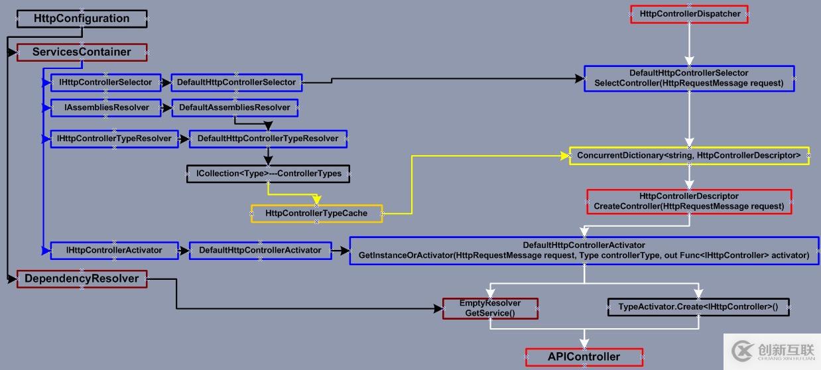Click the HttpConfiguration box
pyautogui.click(x=82, y=19)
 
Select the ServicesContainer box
pyautogui.click(x=82, y=52)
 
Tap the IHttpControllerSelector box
pyautogui.click(x=105, y=83)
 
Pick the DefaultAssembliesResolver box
pyautogui.click(x=235, y=107)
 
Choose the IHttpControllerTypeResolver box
pyautogui.click(x=114, y=139)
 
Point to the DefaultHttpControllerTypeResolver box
pyautogui.click(x=268, y=139)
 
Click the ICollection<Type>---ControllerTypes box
pyautogui.click(x=269, y=174)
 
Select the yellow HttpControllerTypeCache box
pyautogui.click(x=316, y=214)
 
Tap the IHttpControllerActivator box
pyautogui.click(x=114, y=250)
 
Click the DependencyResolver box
pyautogui.click(x=82, y=278)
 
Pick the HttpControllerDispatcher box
pyautogui.click(x=690, y=14)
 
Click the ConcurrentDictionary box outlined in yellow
pyautogui.click(x=689, y=156)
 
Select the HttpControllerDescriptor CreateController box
pyautogui.click(x=689, y=202)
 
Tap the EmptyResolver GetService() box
pyautogui.click(x=490, y=308)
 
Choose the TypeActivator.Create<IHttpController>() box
pyautogui.click(x=698, y=307)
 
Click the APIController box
pyautogui.click(x=584, y=357)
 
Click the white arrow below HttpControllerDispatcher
pyautogui.click(x=690, y=44)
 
